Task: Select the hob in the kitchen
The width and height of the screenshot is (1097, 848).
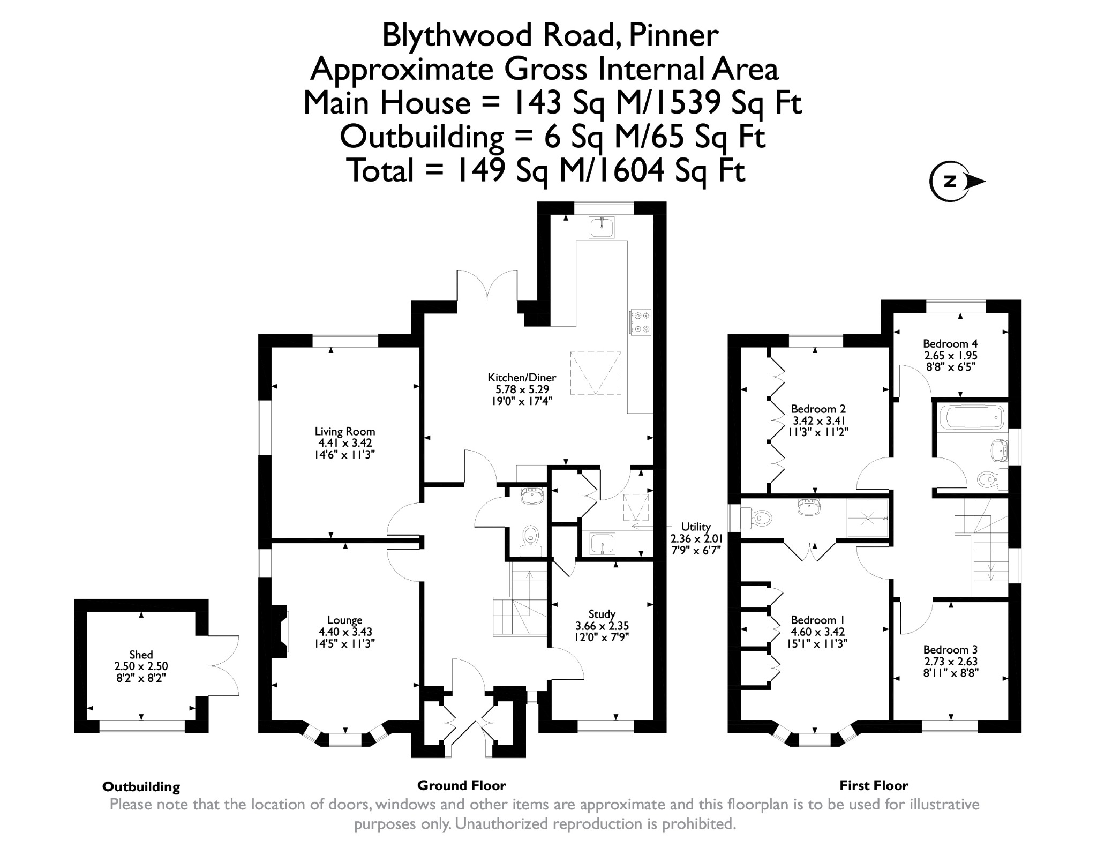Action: [640, 322]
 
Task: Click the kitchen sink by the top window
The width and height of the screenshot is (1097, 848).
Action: [602, 227]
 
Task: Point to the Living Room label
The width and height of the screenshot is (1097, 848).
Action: [344, 431]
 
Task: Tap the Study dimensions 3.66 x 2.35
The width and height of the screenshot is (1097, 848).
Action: [602, 626]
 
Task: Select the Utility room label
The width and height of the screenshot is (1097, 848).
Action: [695, 527]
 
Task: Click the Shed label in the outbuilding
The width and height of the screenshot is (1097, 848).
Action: [141, 655]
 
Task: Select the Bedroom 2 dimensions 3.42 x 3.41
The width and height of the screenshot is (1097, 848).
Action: [815, 421]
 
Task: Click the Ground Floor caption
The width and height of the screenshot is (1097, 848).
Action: [461, 785]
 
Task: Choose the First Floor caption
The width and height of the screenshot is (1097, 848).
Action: [874, 785]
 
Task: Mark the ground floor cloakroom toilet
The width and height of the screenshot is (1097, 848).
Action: [530, 535]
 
